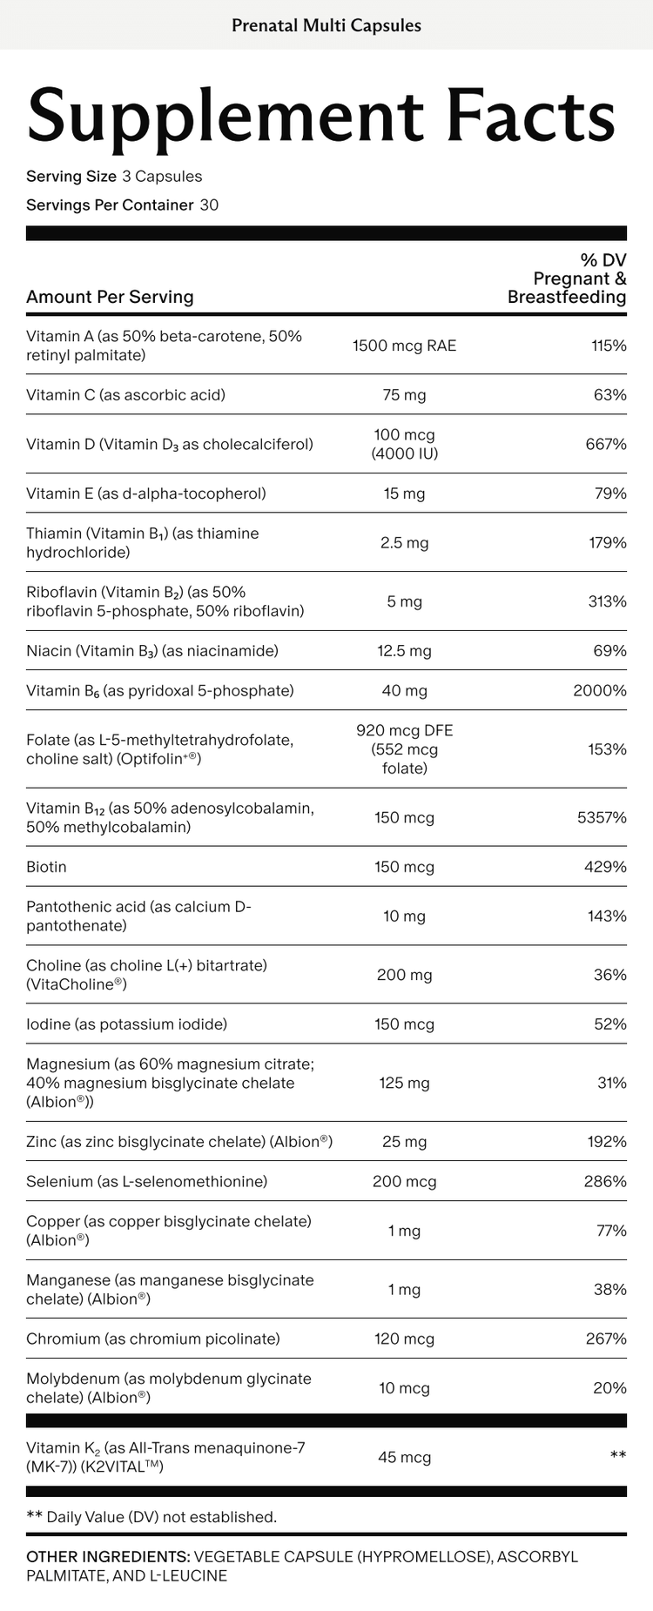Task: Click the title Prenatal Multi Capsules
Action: (326, 25)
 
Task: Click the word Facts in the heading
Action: (529, 116)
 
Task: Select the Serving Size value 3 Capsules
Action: (162, 177)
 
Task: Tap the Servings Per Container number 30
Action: (209, 205)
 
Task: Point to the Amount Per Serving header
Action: (110, 297)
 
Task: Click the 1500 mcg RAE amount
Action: (404, 346)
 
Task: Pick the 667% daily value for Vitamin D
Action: (606, 444)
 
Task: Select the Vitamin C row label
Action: (125, 395)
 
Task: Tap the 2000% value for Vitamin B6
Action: (600, 691)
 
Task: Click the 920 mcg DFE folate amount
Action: (404, 731)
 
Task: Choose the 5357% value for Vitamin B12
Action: (602, 817)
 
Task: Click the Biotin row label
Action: (46, 867)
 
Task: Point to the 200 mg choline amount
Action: (404, 975)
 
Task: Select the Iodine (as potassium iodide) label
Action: (126, 1024)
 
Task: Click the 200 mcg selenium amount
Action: (404, 1182)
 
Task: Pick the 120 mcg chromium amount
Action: (404, 1339)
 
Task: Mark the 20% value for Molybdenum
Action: (609, 1388)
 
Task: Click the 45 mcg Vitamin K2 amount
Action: (404, 1457)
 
